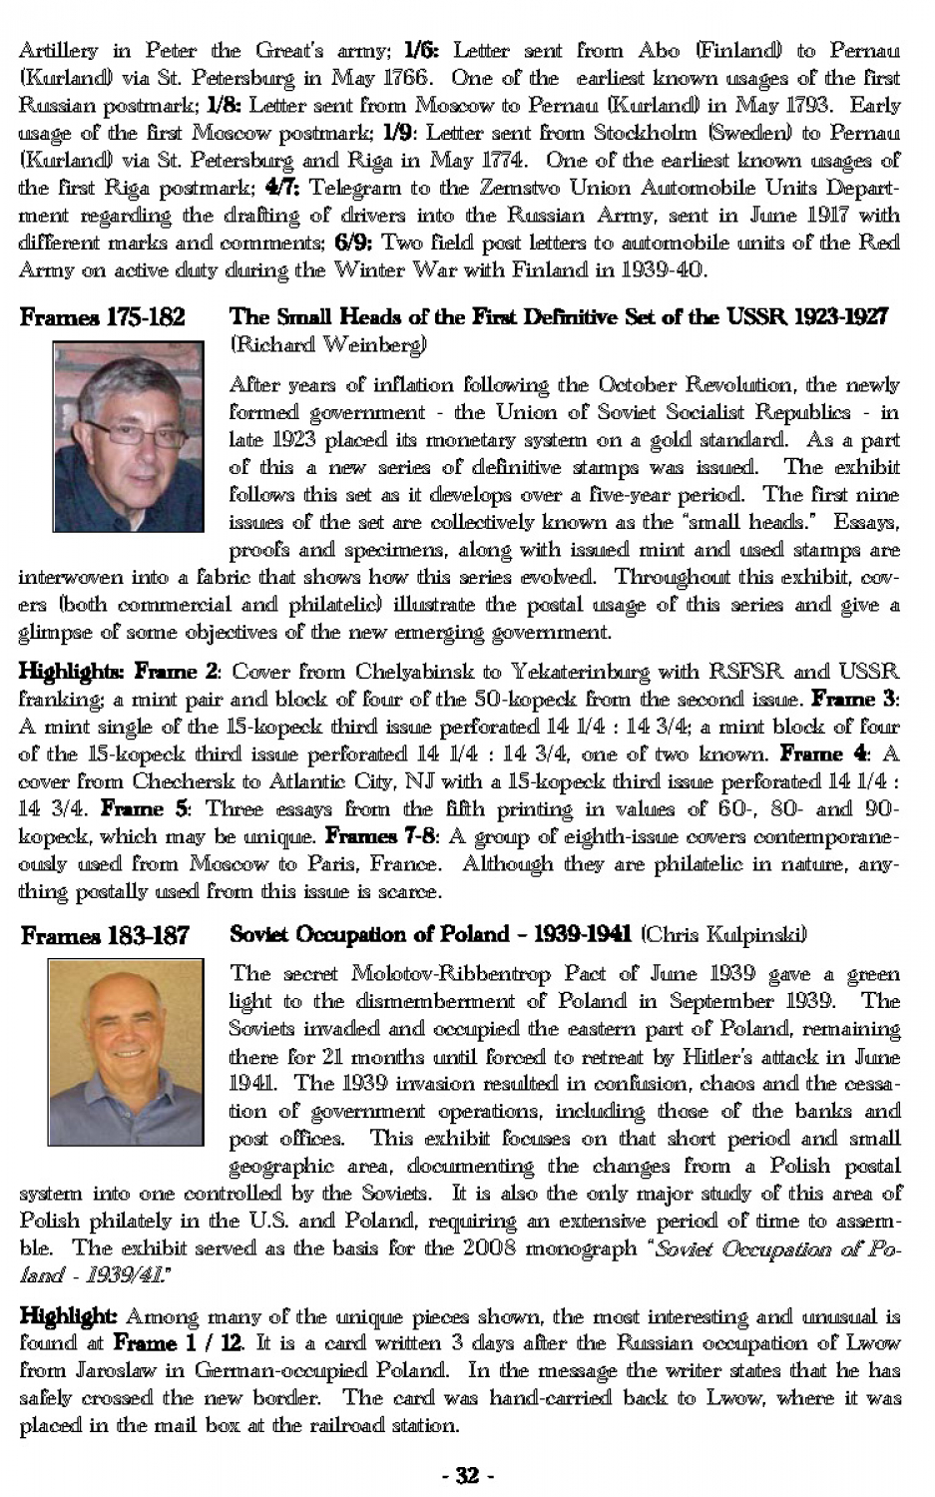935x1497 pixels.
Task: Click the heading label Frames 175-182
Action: [x=102, y=317]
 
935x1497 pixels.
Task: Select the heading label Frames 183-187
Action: [x=105, y=936]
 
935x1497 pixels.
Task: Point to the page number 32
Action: [x=467, y=1474]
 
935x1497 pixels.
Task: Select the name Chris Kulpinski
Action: [x=723, y=935]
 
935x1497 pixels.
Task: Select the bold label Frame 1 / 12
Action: [x=175, y=1343]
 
